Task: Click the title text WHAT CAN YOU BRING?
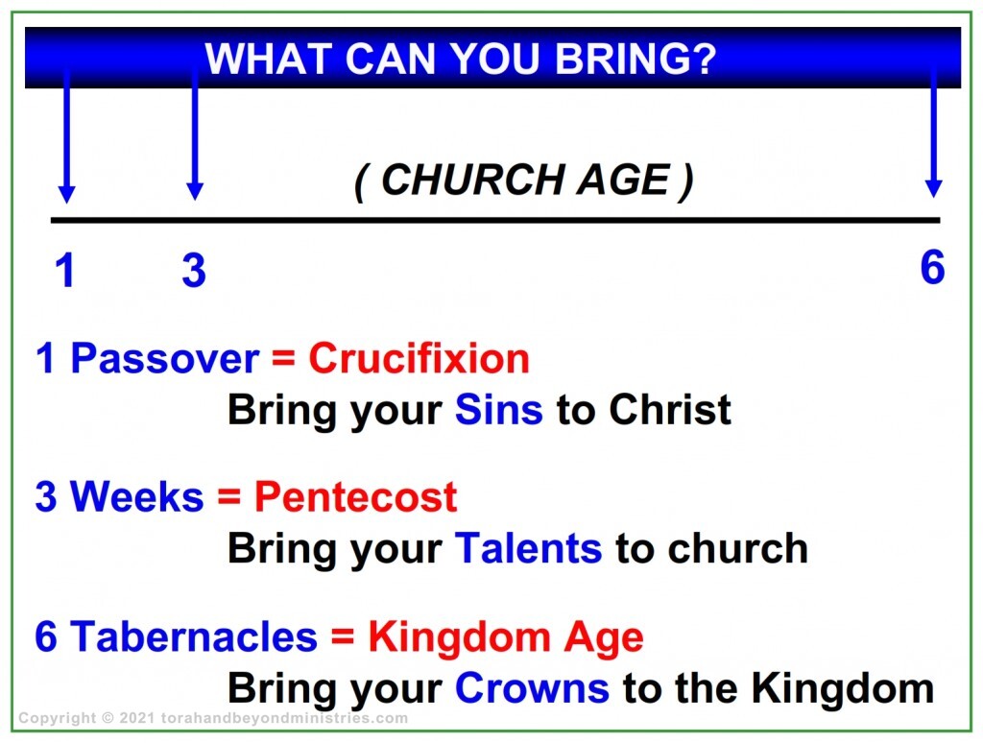tap(461, 60)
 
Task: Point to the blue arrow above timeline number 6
tap(933, 134)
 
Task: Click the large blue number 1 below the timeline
tap(64, 271)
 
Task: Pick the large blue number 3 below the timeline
tap(194, 271)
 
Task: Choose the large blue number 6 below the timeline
tap(932, 267)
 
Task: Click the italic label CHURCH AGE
tap(524, 180)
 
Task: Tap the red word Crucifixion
tap(419, 359)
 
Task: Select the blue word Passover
tap(164, 359)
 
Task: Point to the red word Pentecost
tap(355, 497)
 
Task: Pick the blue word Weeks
tap(136, 497)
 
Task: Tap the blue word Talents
tap(528, 548)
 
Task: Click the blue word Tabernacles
tap(193, 637)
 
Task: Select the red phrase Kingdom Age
tap(506, 637)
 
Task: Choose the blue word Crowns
tap(531, 688)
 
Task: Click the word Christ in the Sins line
tap(669, 410)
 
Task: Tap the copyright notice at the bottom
tap(213, 718)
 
